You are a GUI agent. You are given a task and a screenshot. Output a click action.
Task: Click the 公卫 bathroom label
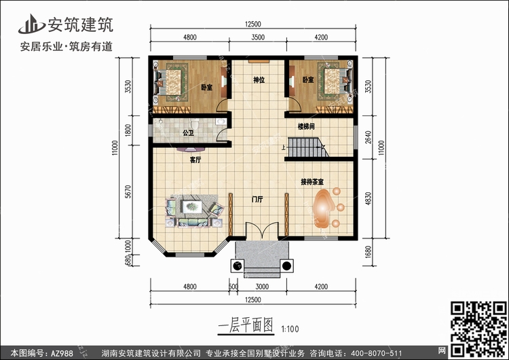coord(188,132)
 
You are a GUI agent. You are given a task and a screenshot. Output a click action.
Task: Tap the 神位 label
coord(259,80)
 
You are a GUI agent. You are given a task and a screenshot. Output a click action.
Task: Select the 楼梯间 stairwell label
coord(306,126)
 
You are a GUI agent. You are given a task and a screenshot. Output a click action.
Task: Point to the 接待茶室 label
coord(312,182)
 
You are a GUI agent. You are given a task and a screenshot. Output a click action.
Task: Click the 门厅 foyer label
coord(257,200)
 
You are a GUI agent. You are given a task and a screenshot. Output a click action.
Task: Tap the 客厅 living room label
coord(195,160)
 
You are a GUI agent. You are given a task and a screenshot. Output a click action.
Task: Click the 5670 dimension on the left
coord(128,192)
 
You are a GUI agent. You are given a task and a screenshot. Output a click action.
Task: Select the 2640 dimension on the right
coord(368,137)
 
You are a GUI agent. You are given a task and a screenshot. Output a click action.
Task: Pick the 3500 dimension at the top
coord(258,37)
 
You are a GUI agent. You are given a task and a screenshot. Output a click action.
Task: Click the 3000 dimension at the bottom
coord(262,287)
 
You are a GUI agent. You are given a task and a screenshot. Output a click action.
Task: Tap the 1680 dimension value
coord(368,252)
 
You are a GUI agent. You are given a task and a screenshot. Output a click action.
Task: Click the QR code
coord(478,328)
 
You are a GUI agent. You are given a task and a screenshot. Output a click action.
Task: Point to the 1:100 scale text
coord(290,329)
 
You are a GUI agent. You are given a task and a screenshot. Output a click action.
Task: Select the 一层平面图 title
coord(246,325)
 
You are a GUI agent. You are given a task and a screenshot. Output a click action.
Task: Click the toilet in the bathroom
coord(195,124)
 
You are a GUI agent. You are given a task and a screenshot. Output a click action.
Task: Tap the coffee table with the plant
coord(192,206)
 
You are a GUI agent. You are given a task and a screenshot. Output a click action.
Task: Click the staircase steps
coord(307,147)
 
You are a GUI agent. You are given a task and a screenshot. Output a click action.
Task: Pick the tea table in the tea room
coord(323,208)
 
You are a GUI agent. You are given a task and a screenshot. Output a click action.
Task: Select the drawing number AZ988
coord(62,353)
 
